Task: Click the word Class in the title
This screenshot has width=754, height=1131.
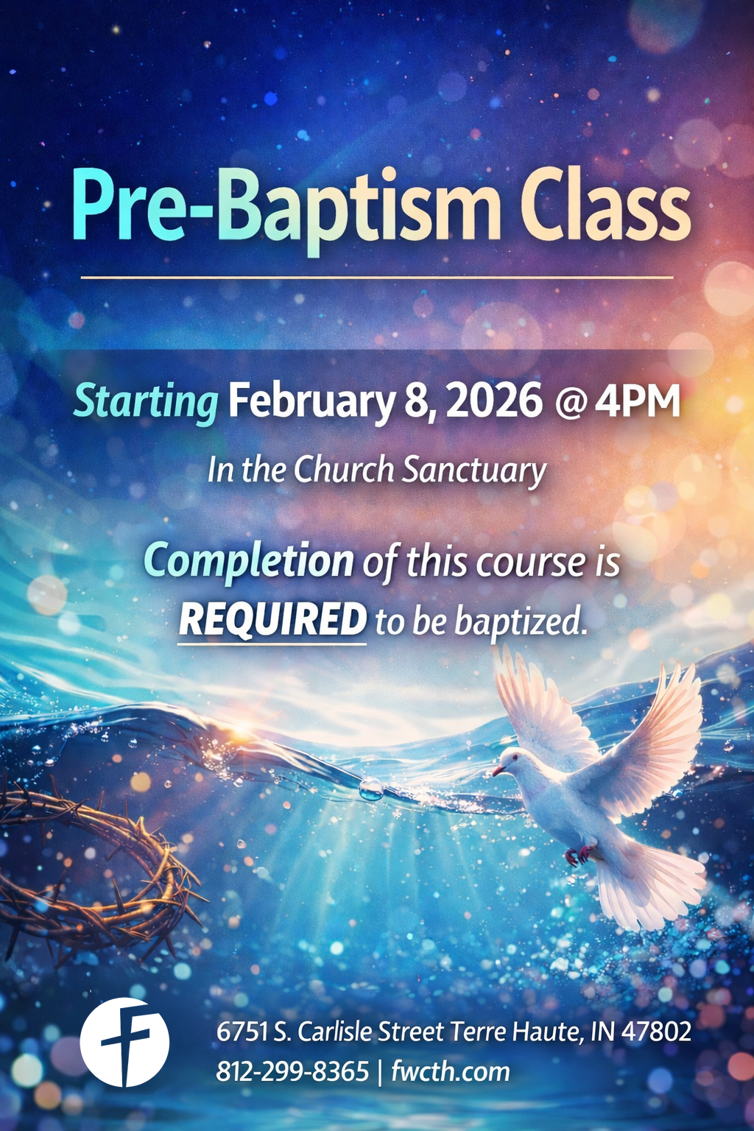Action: [605, 207]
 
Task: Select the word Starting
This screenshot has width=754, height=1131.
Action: [146, 402]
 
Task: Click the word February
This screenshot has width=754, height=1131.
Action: [311, 402]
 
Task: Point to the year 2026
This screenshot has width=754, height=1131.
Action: [493, 402]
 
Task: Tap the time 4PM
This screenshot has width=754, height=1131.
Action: [638, 402]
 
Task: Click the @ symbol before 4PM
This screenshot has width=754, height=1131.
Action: [568, 404]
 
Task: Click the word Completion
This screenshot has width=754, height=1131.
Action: [249, 562]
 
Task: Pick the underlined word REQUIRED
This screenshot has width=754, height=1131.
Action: [272, 619]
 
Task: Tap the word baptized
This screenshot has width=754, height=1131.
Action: [521, 622]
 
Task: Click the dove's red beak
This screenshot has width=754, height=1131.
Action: [498, 770]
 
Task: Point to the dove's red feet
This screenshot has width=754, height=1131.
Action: [580, 854]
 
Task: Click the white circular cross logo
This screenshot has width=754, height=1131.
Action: [124, 1042]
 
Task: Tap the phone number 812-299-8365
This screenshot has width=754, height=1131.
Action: [292, 1071]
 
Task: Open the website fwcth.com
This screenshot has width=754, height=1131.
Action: [450, 1071]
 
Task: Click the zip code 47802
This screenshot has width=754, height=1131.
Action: [656, 1032]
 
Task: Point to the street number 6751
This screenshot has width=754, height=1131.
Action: [242, 1032]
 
